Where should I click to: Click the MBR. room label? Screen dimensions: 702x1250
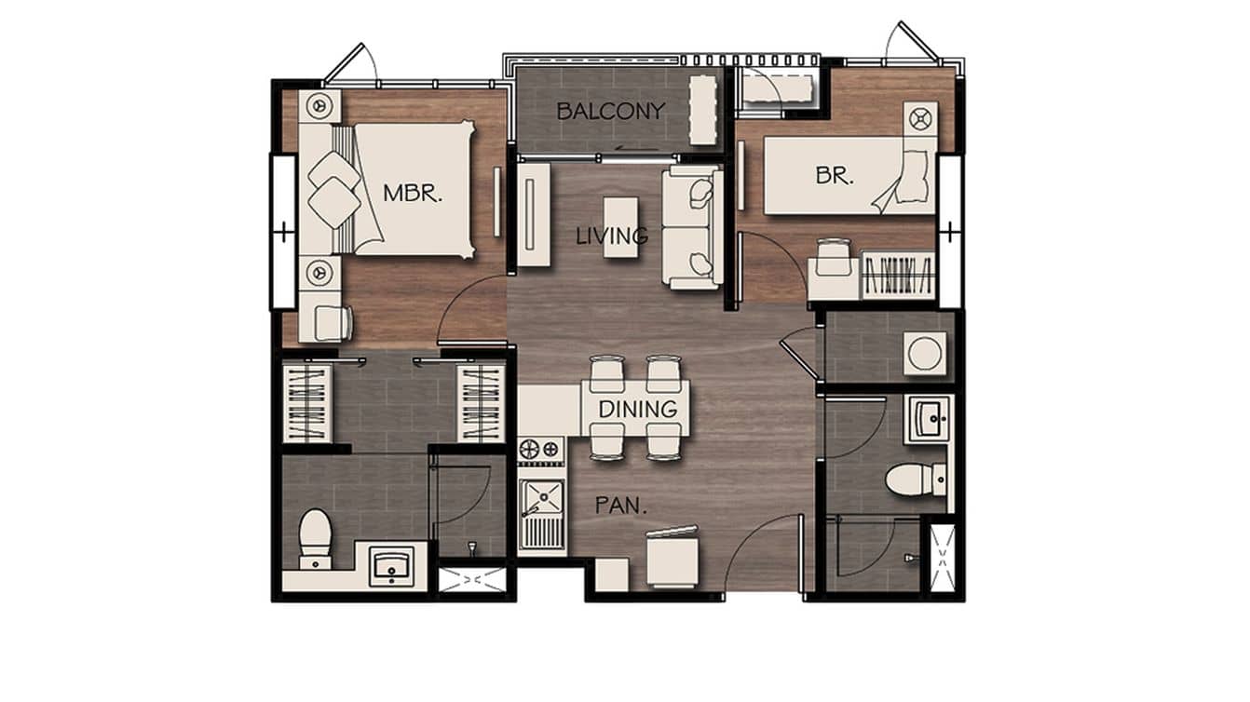(412, 194)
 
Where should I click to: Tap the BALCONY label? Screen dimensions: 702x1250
(610, 111)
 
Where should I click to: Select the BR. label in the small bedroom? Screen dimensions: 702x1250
(834, 175)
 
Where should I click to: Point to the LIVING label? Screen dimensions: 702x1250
(612, 236)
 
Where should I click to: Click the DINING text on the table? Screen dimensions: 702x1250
(637, 409)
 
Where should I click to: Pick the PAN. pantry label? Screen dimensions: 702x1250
(621, 507)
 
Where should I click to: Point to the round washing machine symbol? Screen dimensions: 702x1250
(925, 354)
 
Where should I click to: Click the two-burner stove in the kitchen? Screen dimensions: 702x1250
(541, 450)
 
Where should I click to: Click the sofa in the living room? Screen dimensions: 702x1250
(692, 227)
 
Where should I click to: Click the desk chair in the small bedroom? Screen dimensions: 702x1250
(833, 253)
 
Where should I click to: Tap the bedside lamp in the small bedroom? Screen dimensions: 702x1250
(920, 118)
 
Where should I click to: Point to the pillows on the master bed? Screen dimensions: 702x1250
(334, 189)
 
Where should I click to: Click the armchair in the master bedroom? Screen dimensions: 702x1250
(332, 322)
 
